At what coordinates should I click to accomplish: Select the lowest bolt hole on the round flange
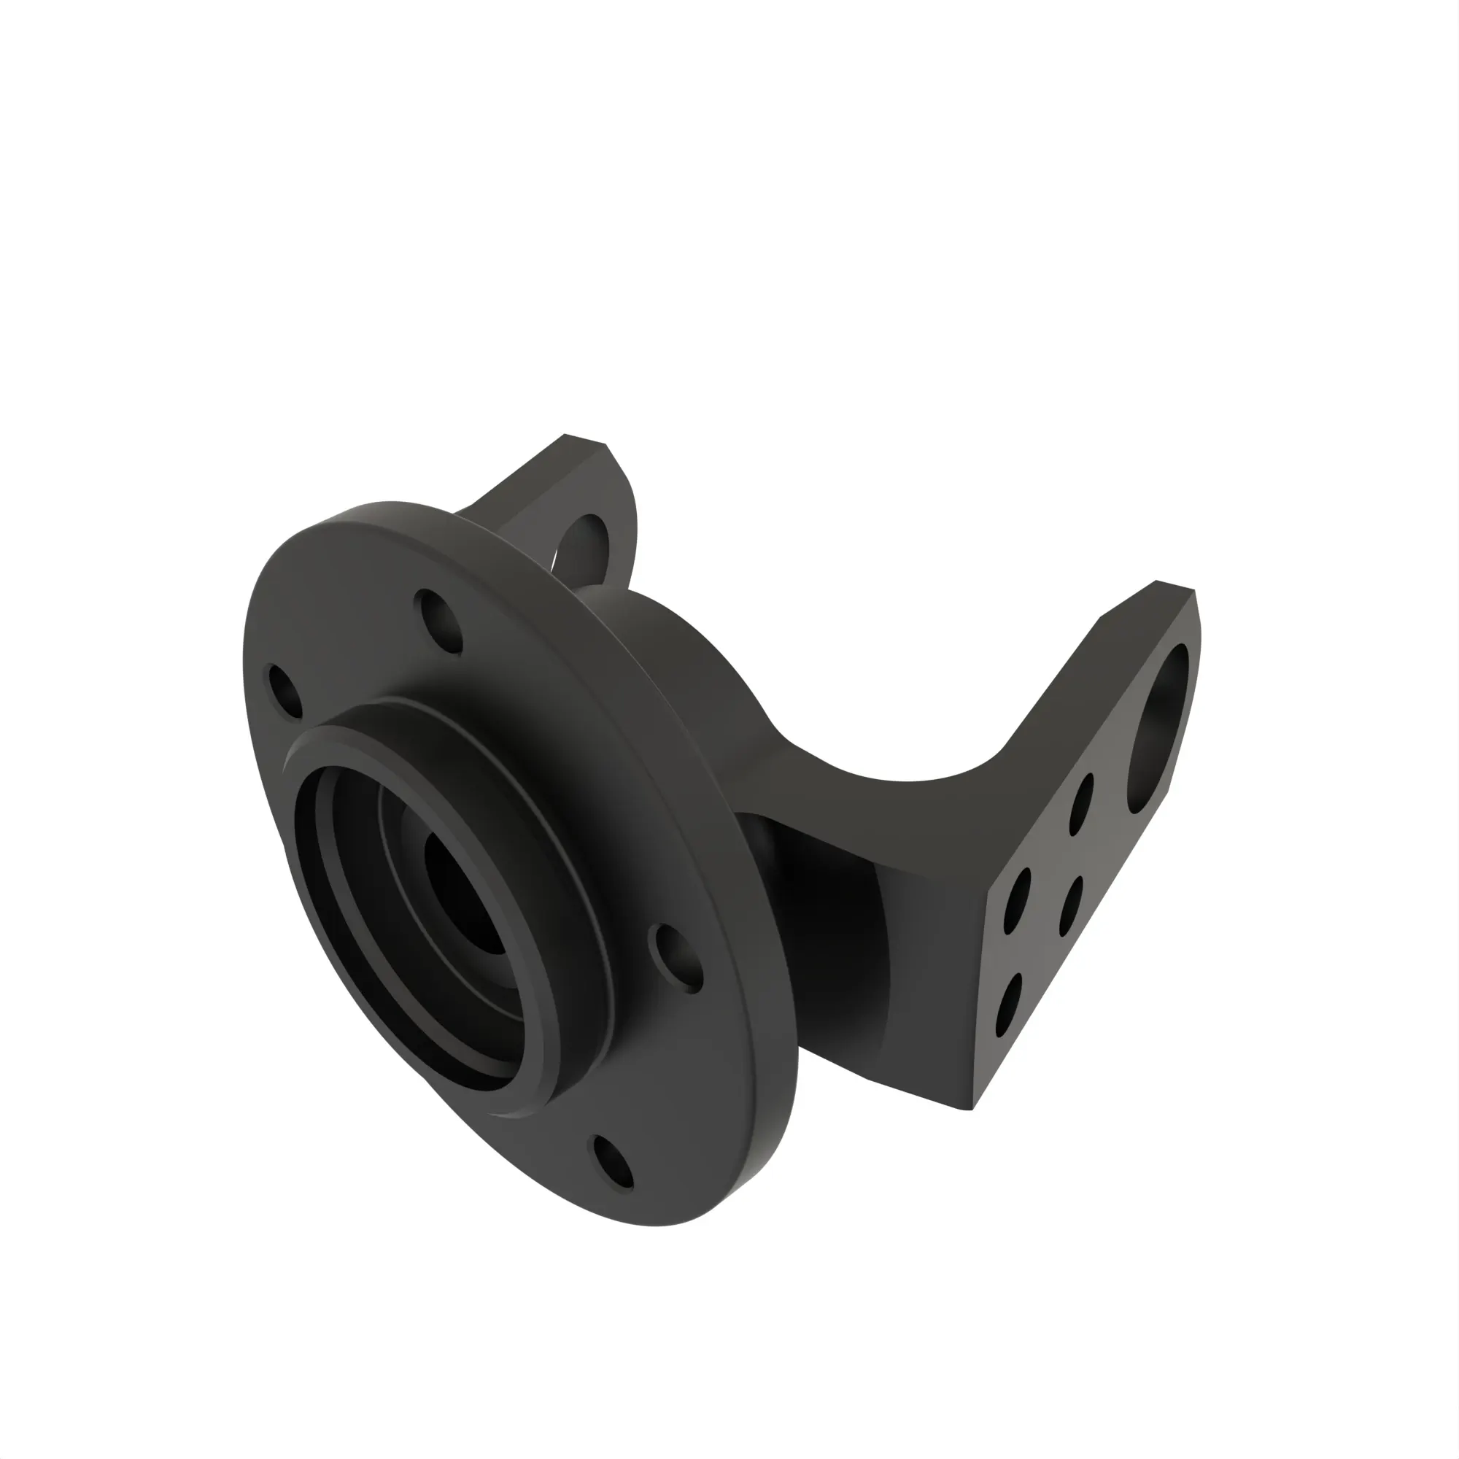click(614, 1163)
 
